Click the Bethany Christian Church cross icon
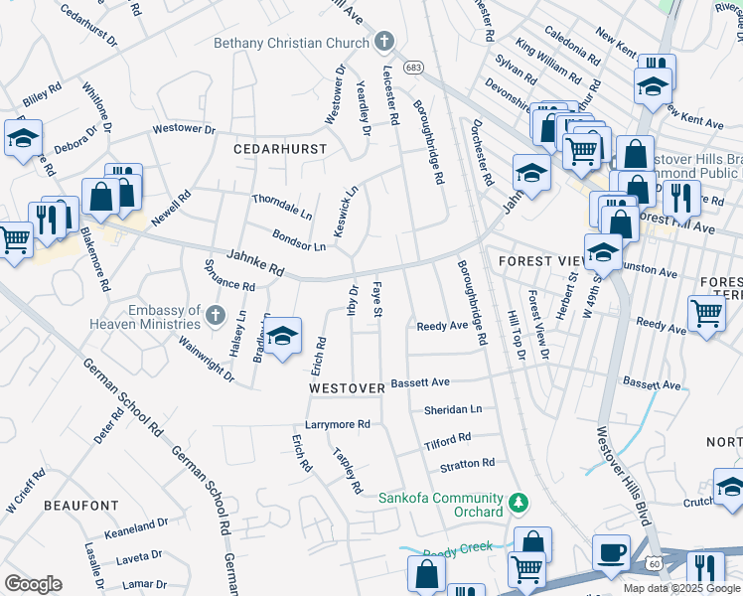tap(385, 42)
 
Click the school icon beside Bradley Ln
tap(283, 337)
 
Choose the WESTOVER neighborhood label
tap(346, 387)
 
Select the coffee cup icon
tap(612, 552)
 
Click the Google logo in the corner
tap(33, 583)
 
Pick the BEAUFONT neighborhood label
tap(80, 506)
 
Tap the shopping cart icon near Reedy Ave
tap(706, 313)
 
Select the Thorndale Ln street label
tap(282, 206)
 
